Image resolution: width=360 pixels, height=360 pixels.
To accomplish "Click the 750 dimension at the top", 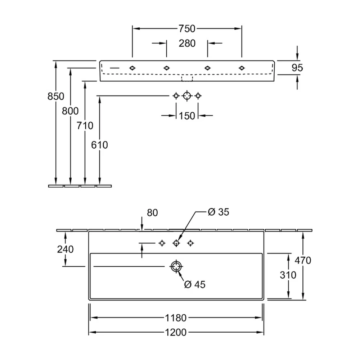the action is [187, 29].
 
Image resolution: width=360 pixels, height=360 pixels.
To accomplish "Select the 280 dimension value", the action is [187, 44].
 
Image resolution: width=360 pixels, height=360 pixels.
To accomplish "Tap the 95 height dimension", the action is [297, 68].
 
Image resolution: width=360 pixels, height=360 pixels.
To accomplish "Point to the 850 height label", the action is [56, 96].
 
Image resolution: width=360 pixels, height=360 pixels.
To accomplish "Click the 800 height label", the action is [70, 111].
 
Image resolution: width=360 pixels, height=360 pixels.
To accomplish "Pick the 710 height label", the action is [85, 126].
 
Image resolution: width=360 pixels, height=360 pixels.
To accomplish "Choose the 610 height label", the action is [99, 145].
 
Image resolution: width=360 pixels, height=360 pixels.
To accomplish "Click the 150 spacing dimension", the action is [187, 116].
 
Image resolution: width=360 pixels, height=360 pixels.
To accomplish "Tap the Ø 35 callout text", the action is [219, 212].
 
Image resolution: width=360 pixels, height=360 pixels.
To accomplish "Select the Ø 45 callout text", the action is [195, 284].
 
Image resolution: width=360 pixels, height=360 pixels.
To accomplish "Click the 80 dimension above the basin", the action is [152, 213].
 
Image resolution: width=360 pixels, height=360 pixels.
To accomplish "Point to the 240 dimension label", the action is [66, 249].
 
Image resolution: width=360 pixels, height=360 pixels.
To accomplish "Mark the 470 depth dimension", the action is [303, 260].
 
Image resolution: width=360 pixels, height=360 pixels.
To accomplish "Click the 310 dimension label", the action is [288, 275].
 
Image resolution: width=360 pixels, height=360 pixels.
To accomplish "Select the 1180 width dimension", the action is [176, 318].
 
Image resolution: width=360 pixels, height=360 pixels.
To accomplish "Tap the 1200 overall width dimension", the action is [176, 332].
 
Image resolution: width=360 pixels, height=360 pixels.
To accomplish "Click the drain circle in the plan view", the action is [176, 263].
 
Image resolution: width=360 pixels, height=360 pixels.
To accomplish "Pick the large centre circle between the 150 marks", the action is [187, 92].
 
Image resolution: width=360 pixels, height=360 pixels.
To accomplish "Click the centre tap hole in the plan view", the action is [176, 240].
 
